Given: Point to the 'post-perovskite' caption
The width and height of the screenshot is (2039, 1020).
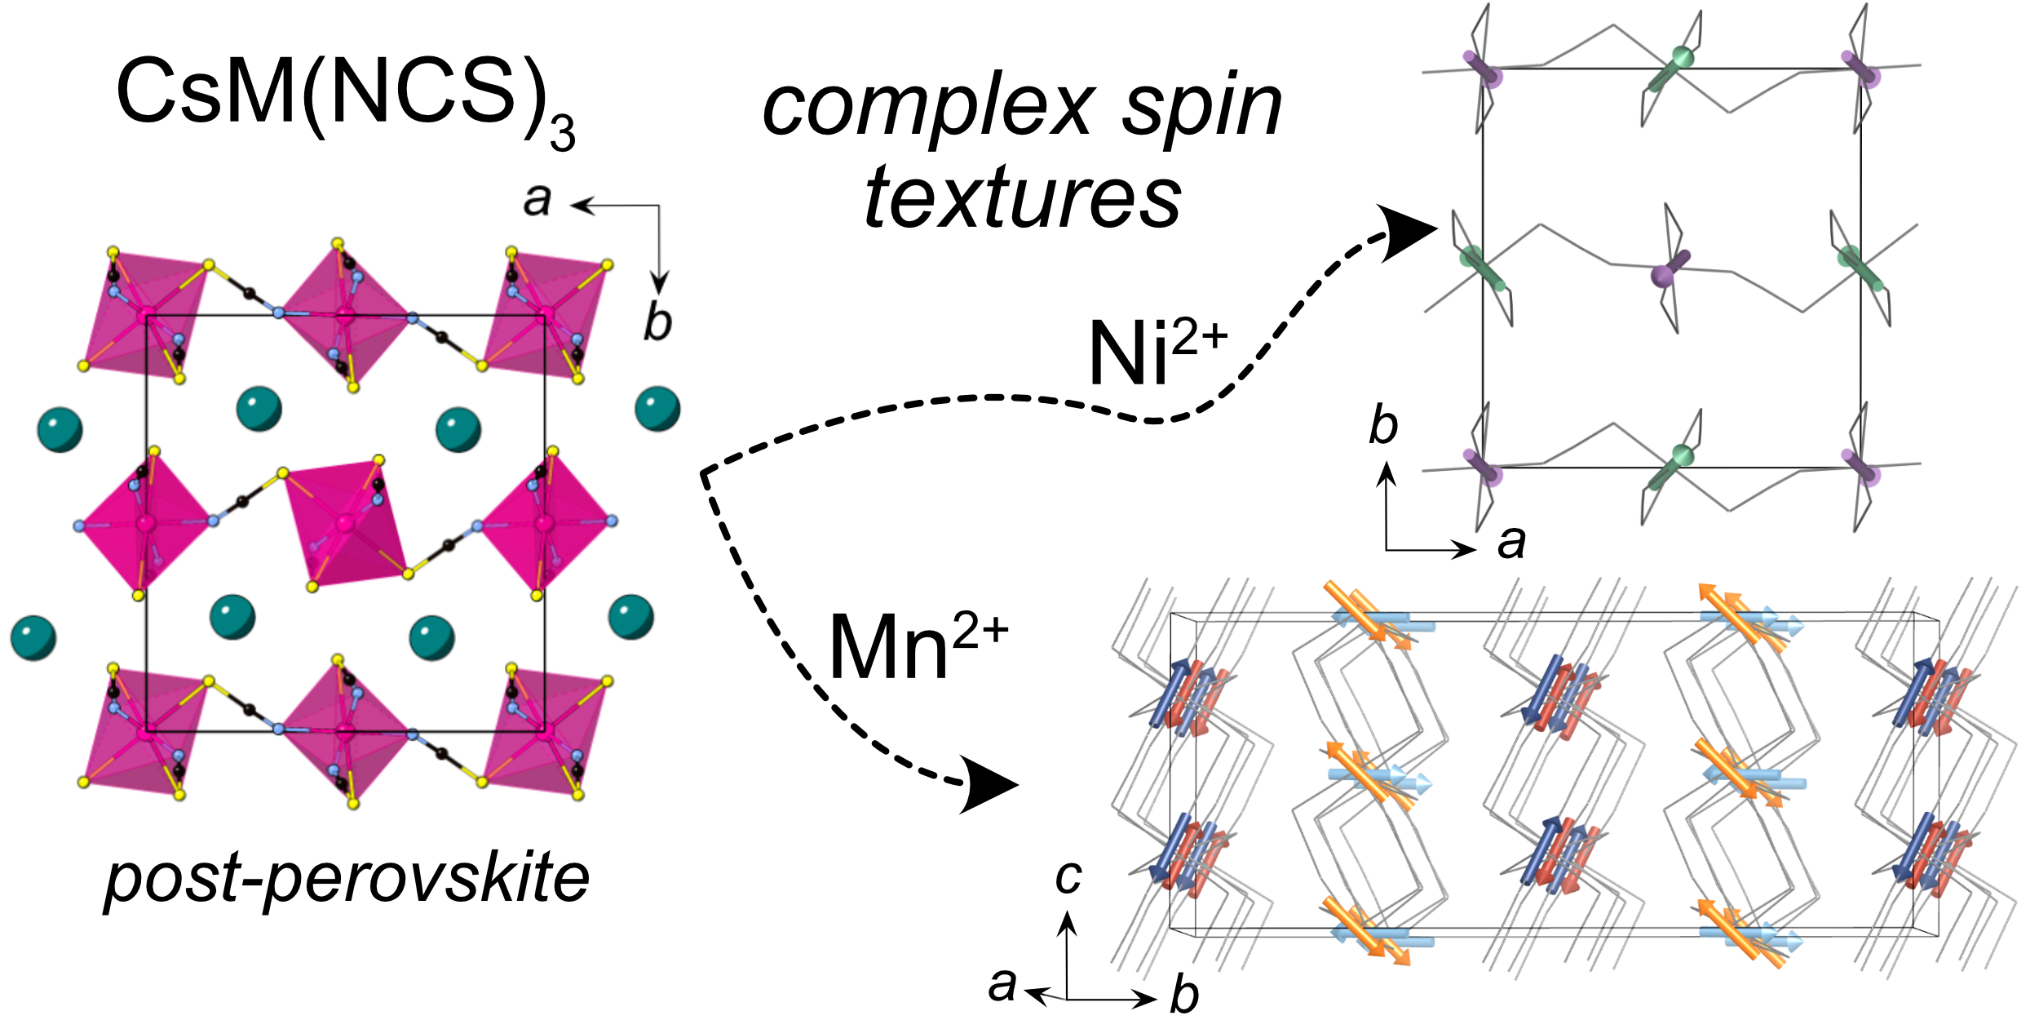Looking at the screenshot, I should pos(347,880).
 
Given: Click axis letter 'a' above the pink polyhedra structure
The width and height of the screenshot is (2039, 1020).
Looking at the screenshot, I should pos(537,199).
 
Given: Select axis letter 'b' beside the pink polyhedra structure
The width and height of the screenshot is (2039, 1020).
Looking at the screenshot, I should pos(657,322).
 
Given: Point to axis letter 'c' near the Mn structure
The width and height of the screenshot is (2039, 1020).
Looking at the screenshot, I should pos(1068,876).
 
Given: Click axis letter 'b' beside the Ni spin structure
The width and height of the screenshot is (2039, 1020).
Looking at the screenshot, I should pos(1383,426).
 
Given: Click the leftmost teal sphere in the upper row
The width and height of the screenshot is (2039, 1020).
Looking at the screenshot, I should pos(60,429).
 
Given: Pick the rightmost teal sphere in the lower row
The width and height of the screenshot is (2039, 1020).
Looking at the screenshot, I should pos(631,617).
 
